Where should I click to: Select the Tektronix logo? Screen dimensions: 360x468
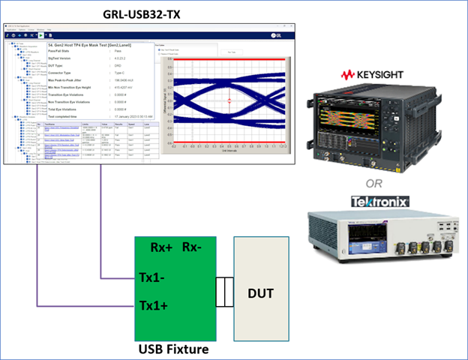point(380,202)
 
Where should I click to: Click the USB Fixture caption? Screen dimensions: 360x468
point(173,348)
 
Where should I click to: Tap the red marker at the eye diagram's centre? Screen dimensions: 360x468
point(230,100)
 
